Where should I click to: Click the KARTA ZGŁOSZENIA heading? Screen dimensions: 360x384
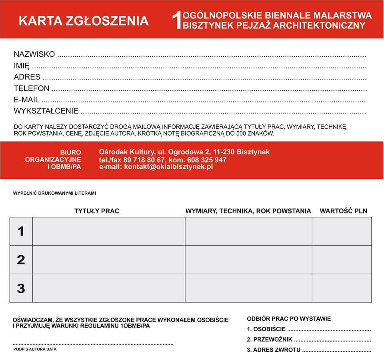coord(84,21)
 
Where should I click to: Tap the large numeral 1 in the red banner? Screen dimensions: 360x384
coord(176,20)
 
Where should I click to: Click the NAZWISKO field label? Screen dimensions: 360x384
coord(34,54)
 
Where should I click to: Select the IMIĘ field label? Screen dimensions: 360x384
coord(22,66)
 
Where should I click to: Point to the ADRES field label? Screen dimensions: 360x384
coord(27,77)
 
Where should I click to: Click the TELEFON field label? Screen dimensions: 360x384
coord(32,88)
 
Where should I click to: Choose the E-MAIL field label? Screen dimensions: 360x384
coord(26,100)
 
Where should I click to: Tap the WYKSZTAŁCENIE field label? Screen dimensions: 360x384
coord(46,111)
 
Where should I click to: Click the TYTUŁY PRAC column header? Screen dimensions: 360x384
coord(97,211)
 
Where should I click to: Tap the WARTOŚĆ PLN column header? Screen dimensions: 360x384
coord(343,211)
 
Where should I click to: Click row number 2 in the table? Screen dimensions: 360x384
coord(21,260)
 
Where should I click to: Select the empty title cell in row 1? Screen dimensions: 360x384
coord(108,231)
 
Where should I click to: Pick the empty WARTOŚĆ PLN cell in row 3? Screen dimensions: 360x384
coord(342,288)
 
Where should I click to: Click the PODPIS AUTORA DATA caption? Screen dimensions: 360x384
coord(35,349)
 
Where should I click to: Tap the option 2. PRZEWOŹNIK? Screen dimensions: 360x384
coord(270,340)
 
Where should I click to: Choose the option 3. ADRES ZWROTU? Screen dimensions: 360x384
coord(274,350)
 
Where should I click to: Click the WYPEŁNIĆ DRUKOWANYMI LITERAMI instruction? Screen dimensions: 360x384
coord(54,193)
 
